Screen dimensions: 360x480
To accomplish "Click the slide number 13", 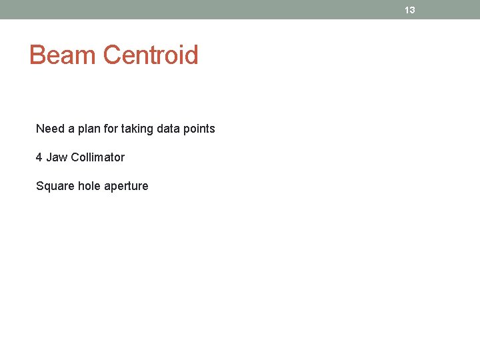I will [410, 10].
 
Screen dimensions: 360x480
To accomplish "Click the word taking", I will [136, 129].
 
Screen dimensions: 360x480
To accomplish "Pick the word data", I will [167, 129].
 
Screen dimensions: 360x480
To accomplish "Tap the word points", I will [199, 129].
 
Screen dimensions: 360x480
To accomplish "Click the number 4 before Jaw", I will [39, 157].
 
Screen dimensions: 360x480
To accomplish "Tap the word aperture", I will [126, 186].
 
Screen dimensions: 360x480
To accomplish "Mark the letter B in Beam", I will [37, 55].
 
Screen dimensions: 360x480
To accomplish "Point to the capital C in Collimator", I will [75, 157].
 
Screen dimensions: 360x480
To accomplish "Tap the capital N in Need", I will [40, 129].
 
